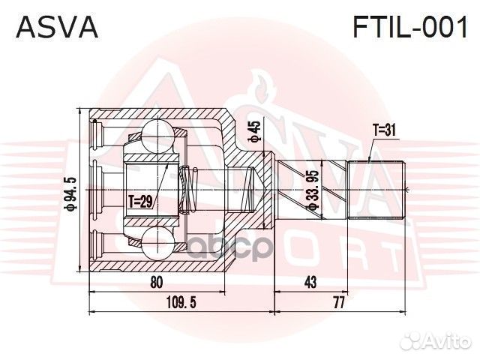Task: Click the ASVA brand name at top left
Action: tap(57, 28)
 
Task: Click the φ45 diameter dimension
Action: tap(255, 132)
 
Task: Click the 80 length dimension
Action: tap(157, 283)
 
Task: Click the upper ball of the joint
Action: tap(158, 134)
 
